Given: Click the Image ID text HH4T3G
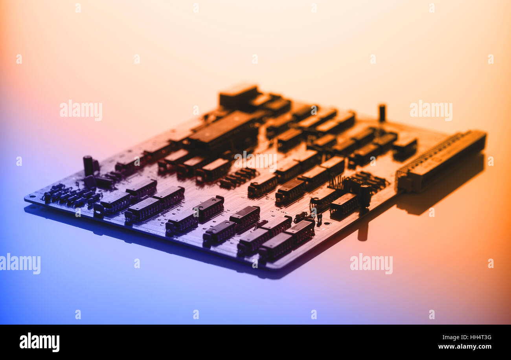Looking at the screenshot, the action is pyautogui.click(x=467, y=337).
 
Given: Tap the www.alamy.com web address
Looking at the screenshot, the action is pyautogui.click(x=465, y=347).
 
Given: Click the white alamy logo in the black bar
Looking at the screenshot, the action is pyautogui.click(x=39, y=342).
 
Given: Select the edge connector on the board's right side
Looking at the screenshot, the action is pyautogui.click(x=441, y=161).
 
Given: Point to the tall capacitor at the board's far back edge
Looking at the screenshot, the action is pyautogui.click(x=382, y=112).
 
